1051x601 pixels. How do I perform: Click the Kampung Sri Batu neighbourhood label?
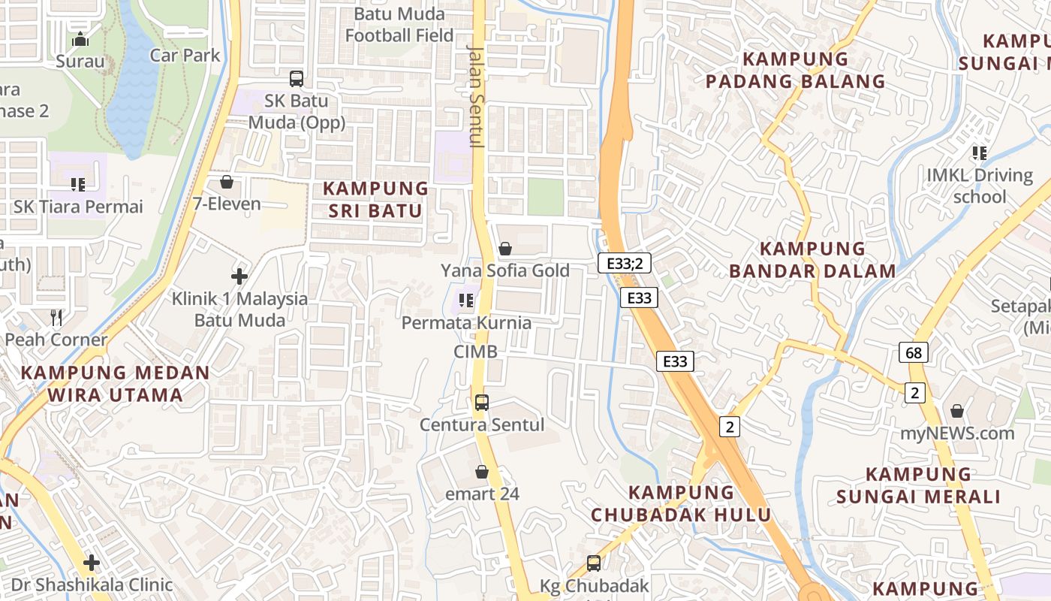point(375,200)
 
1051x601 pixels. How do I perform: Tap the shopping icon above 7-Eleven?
point(227,182)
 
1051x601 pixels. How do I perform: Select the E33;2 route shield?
point(625,263)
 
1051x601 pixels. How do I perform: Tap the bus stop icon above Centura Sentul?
point(482,403)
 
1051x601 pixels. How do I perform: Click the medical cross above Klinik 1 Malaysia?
point(239,276)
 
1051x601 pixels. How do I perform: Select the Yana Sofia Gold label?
point(505,270)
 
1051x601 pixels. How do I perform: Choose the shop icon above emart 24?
point(482,472)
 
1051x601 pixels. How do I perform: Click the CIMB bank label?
point(475,352)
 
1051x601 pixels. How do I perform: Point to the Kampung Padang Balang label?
point(796,70)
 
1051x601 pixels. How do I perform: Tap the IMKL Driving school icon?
point(979,153)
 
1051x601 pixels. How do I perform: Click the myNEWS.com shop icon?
point(957,411)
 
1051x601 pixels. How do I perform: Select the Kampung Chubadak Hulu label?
point(681,503)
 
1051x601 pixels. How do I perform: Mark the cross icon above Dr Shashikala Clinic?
point(92,563)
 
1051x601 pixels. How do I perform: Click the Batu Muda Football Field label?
point(399,25)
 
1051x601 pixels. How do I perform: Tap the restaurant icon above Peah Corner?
point(56,318)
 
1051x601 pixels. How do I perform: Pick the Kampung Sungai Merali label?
point(918,485)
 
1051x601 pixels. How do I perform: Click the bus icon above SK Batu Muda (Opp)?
point(297,78)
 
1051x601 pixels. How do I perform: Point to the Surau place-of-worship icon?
point(80,39)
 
